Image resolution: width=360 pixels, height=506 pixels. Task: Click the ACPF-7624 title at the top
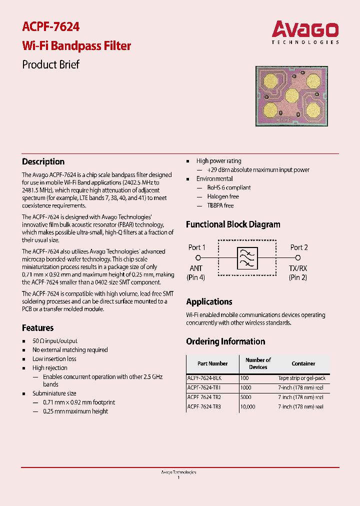coord(51,26)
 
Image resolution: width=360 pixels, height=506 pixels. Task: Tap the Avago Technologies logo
coord(305,32)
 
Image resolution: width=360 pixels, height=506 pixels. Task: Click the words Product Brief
coord(51,64)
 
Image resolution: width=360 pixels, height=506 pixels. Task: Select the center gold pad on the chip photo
coord(291,94)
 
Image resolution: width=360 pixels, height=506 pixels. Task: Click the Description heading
coord(43,161)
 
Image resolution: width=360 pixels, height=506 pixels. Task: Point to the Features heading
coord(38,328)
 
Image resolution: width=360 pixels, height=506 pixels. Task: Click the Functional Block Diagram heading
coord(233,224)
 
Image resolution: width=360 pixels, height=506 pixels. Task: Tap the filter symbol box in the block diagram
coord(247,258)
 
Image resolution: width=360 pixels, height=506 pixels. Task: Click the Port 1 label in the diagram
coord(196,247)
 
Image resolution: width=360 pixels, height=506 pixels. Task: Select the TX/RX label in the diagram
coord(297,268)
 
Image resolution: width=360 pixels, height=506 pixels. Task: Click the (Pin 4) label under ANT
coord(196,277)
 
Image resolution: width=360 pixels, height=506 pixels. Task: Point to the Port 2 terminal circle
coord(297,258)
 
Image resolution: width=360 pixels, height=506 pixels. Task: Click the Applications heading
coord(209,301)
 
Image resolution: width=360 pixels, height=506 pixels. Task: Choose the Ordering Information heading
coord(225,341)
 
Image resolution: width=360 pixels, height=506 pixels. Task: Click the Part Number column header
coord(212,363)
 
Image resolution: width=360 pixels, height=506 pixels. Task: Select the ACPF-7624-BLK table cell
coord(204,378)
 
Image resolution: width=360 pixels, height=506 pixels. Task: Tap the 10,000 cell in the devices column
coord(247,407)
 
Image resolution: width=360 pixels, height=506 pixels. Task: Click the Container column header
coord(303,363)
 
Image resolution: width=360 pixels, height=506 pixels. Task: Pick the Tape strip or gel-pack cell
coord(301,378)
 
